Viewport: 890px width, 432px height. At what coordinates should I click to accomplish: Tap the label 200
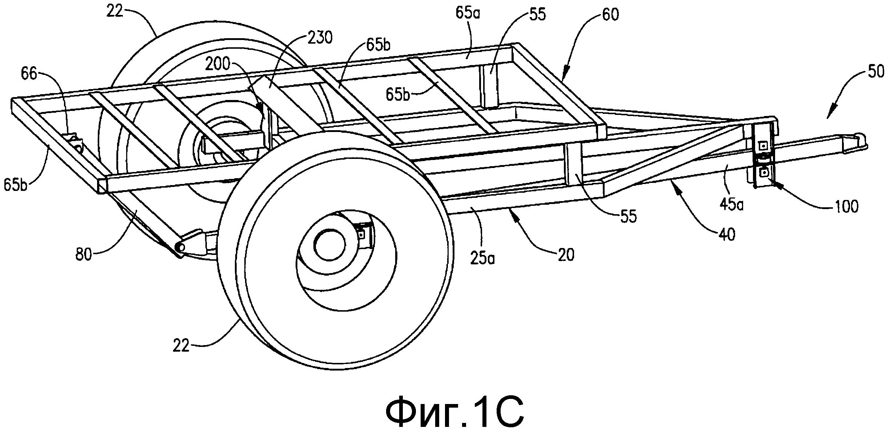pos(217,64)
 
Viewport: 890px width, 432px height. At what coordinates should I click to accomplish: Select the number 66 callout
pos(29,74)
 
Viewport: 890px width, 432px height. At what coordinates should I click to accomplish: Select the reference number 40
pos(726,234)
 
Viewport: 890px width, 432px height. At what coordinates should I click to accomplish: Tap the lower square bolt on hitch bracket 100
pos(764,172)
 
